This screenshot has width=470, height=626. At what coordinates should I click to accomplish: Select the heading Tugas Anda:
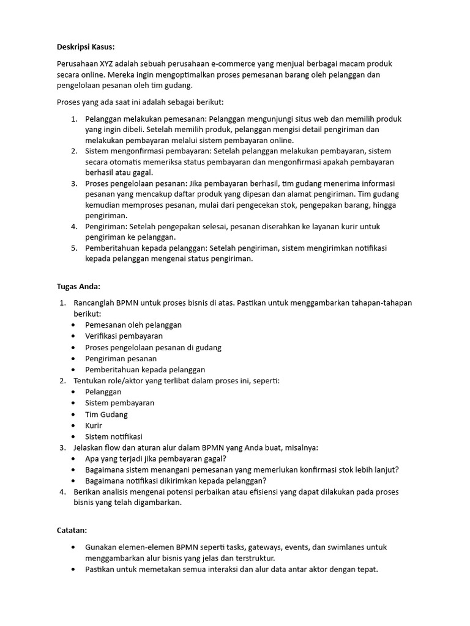coord(78,287)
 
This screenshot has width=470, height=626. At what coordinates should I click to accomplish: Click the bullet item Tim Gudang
coord(106,414)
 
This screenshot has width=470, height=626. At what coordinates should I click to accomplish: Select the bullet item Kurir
coord(94,425)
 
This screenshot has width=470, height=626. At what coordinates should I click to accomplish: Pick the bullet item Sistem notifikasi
coord(114,436)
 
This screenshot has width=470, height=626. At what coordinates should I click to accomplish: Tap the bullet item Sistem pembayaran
coord(120,403)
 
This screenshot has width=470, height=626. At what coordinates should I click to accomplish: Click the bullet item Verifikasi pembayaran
coord(124,336)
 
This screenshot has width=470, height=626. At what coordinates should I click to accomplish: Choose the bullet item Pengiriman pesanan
coord(121,358)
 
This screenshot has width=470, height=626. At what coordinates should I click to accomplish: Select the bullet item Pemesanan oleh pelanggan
coord(133,325)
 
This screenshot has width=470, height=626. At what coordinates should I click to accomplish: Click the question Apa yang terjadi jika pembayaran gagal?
coord(156,458)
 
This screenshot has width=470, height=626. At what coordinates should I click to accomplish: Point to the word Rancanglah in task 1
coord(94,303)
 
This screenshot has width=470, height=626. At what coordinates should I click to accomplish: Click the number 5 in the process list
coord(73,248)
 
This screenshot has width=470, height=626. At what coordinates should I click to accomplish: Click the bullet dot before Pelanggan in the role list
coord(74,392)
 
